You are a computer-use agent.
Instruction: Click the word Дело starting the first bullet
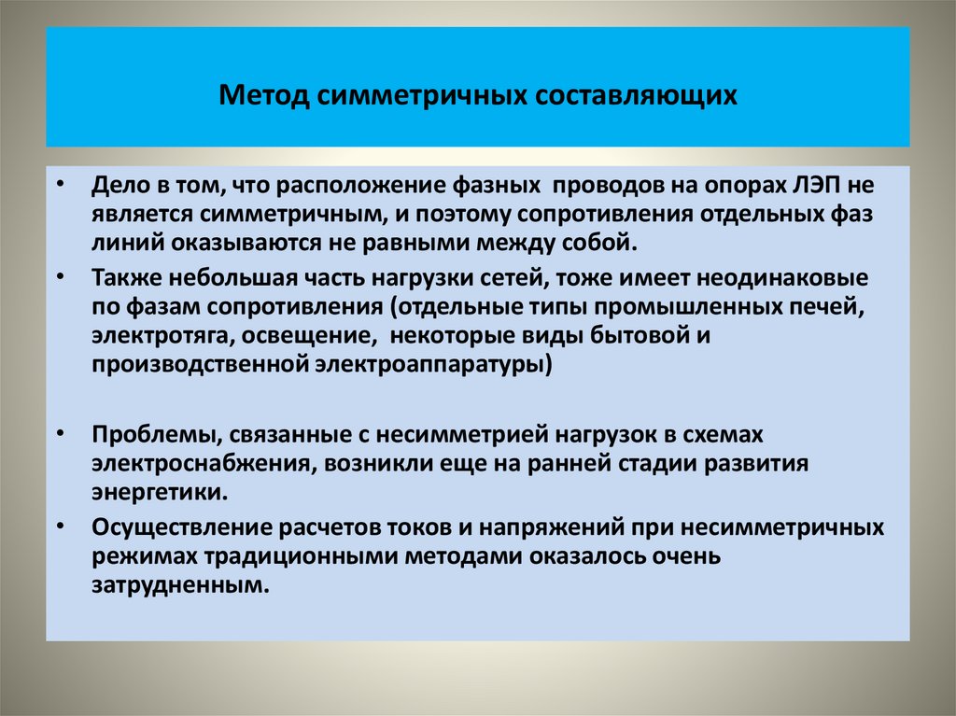click(118, 185)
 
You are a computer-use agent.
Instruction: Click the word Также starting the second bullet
click(121, 278)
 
